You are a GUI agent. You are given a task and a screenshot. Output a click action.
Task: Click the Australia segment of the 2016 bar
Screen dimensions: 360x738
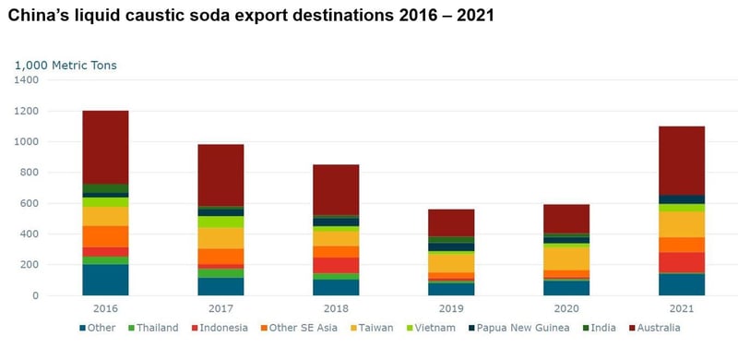pyautogui.click(x=105, y=148)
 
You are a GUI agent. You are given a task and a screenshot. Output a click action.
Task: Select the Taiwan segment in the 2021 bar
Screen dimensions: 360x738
pyautogui.click(x=682, y=224)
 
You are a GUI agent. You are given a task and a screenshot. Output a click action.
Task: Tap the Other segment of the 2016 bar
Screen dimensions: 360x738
pyautogui.click(x=105, y=280)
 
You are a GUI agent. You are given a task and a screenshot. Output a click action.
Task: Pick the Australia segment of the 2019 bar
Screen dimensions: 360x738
pyautogui.click(x=451, y=222)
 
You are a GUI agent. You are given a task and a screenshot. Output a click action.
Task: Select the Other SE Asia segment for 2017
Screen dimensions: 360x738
pyautogui.click(x=220, y=256)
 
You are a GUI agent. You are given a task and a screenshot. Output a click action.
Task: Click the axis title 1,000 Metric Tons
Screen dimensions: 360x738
pyautogui.click(x=65, y=65)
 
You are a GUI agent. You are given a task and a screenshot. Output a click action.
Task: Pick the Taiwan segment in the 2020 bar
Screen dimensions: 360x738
pyautogui.click(x=566, y=258)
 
